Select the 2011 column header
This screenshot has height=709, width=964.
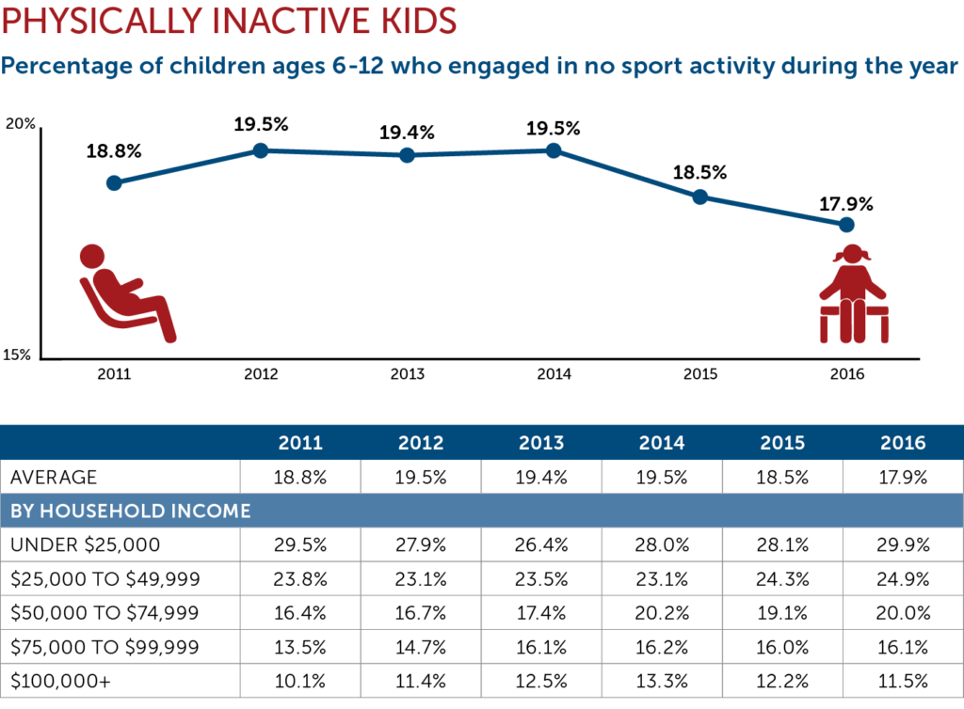click(x=300, y=443)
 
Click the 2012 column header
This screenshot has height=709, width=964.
click(x=421, y=443)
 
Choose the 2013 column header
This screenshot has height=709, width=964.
click(x=541, y=443)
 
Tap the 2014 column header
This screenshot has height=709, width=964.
click(x=662, y=443)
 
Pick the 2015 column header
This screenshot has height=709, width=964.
click(x=782, y=443)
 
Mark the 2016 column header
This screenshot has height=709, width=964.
click(x=903, y=443)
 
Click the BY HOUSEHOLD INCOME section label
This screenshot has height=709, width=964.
click(x=131, y=512)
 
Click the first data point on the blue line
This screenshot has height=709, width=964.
click(x=114, y=182)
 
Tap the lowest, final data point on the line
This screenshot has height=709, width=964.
click(x=846, y=224)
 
